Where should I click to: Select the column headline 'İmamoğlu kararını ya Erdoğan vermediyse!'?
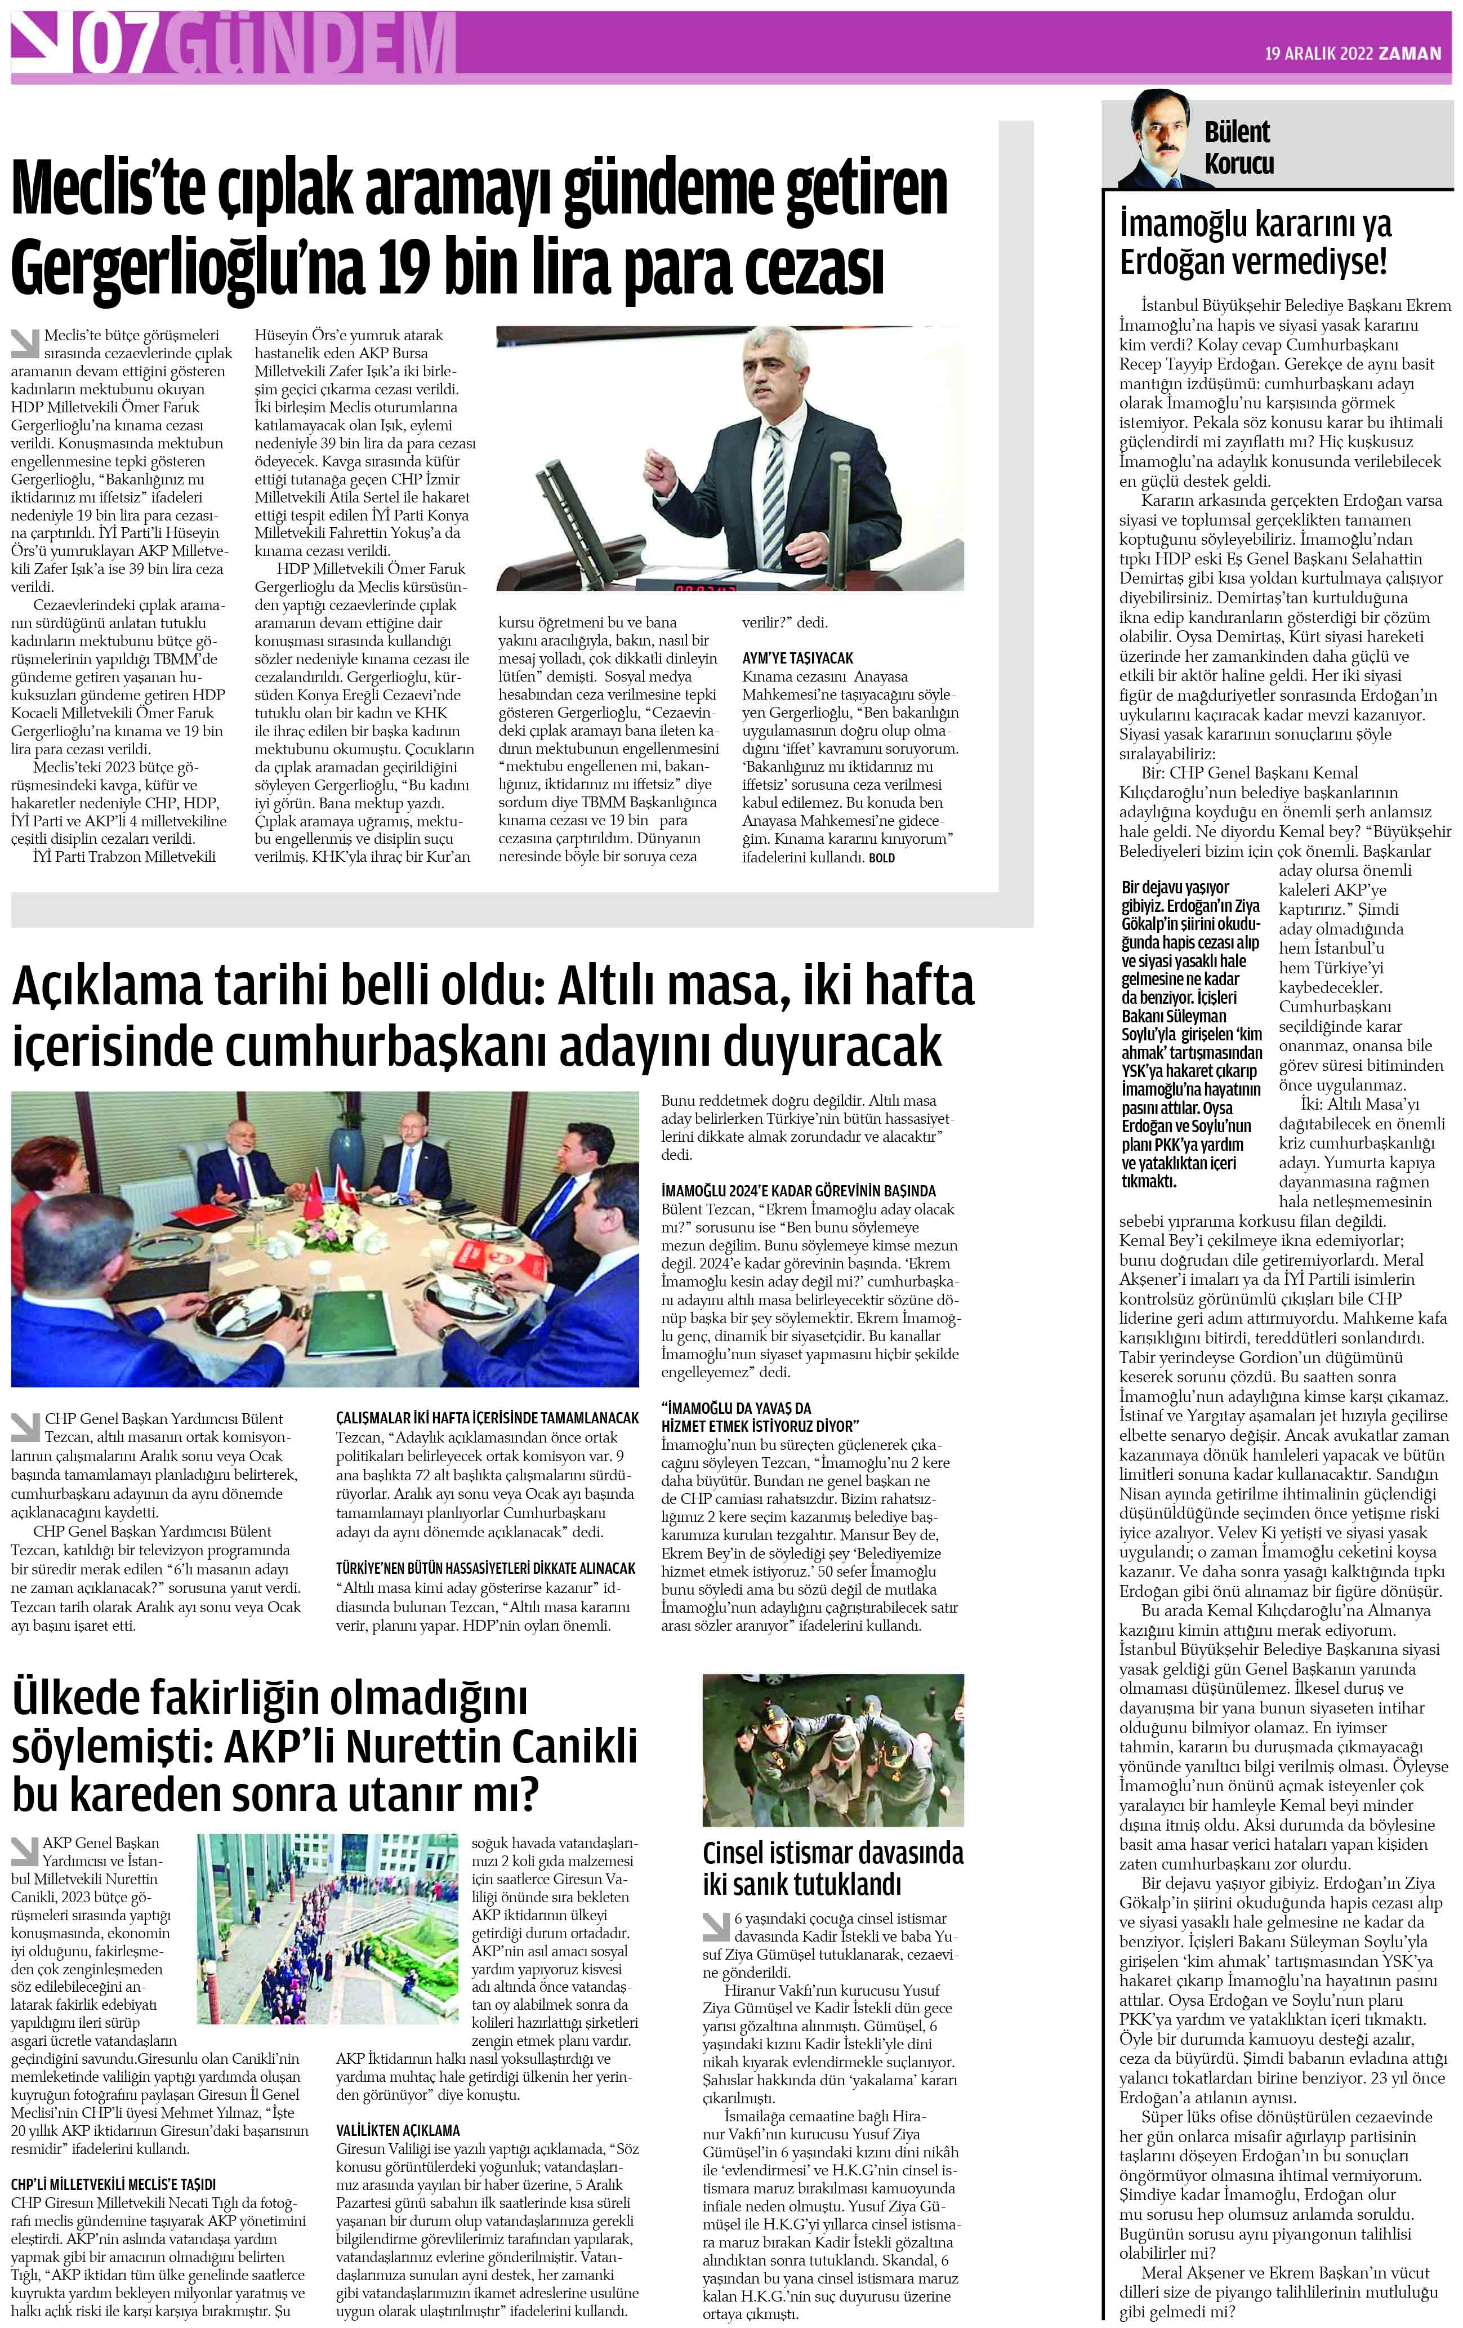pyautogui.click(x=1254, y=243)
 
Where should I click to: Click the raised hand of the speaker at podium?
pyautogui.click(x=660, y=472)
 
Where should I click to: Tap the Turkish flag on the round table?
pyautogui.click(x=315, y=1194)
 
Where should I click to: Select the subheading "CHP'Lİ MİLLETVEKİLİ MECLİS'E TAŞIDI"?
pyautogui.click(x=113, y=2184)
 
